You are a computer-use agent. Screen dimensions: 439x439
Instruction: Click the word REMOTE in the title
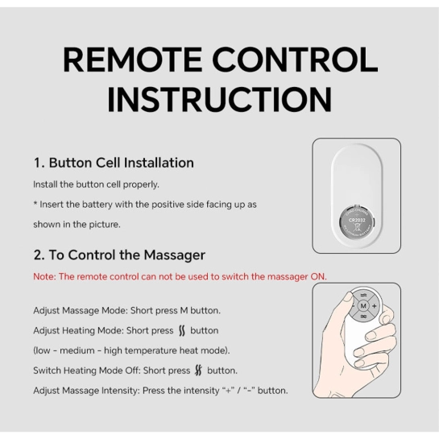(x=132, y=60)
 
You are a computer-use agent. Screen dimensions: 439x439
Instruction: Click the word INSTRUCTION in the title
(x=220, y=100)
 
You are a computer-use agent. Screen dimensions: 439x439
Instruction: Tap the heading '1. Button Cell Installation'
(x=114, y=163)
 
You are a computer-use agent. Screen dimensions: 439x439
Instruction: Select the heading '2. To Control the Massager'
(x=119, y=255)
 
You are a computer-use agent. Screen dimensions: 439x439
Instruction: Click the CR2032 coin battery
(x=357, y=222)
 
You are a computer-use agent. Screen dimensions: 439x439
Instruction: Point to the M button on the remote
(x=363, y=306)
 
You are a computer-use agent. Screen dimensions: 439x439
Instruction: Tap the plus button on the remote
(x=375, y=306)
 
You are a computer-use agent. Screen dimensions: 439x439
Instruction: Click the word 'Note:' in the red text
(x=45, y=276)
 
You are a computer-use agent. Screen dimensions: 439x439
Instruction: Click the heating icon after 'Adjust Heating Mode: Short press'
(x=182, y=330)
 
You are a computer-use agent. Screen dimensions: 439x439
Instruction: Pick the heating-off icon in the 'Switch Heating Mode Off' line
(x=198, y=371)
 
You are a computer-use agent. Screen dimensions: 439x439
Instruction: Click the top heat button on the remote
(x=363, y=295)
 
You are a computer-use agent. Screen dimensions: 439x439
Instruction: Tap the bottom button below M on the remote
(x=363, y=317)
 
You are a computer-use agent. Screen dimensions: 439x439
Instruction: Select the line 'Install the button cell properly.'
(x=96, y=184)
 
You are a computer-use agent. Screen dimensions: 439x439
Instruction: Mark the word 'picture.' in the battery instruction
(x=105, y=225)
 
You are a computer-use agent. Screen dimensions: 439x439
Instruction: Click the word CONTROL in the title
(x=295, y=60)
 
